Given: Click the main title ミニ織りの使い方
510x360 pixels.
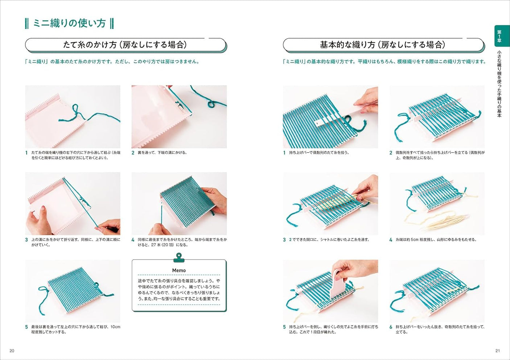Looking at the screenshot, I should click(69, 23).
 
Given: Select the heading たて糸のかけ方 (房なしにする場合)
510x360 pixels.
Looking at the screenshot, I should click(125, 45).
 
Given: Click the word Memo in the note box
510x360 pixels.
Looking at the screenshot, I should click(179, 270).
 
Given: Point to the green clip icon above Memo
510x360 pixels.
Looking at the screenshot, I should click(178, 258).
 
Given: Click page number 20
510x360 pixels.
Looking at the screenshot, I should click(12, 351).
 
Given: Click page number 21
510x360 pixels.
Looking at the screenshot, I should click(497, 351).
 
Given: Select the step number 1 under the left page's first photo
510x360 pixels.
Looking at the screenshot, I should click(26, 153).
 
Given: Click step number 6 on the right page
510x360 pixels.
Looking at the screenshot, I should click(391, 327).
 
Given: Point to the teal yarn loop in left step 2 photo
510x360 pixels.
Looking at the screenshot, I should click(211, 104).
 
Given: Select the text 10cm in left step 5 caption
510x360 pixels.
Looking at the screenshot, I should click(115, 327).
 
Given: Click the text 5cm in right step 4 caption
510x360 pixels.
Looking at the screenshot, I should click(415, 240).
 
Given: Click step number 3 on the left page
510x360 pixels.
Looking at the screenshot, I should click(26, 240).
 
